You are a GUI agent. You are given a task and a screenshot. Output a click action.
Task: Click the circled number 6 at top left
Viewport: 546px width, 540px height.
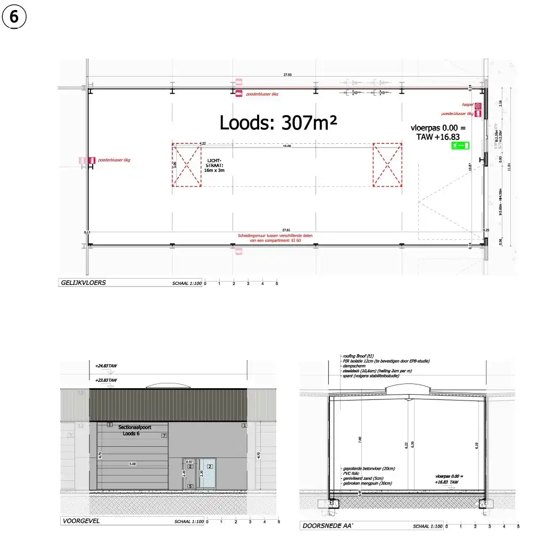pos(14,18)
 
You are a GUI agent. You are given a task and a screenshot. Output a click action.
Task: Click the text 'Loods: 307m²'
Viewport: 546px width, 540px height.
pos(278,123)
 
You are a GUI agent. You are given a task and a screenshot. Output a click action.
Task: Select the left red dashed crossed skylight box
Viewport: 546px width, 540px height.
pos(186,165)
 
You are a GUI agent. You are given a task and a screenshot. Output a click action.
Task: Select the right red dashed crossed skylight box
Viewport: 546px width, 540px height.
pos(387,165)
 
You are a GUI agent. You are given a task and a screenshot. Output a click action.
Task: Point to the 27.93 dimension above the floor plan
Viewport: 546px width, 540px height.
pos(287,76)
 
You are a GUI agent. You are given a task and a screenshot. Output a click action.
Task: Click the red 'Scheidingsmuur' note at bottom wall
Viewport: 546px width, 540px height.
pos(287,238)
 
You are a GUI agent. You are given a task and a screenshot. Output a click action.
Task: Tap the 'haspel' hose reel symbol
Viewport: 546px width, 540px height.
pos(478,106)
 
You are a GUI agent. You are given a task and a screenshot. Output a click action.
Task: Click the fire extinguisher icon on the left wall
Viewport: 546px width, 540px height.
pos(92,160)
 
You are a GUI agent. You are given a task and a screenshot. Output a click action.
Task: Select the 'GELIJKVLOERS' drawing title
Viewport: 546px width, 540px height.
pos(83,283)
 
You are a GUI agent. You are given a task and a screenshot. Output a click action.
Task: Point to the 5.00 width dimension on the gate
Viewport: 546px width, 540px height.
pos(133,464)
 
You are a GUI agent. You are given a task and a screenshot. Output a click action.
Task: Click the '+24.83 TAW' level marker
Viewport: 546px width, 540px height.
pos(106,366)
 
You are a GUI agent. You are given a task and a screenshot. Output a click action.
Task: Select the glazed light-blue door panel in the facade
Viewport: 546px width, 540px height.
pos(207,472)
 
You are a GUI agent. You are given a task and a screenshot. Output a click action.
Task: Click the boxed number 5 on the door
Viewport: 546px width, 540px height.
pos(190,486)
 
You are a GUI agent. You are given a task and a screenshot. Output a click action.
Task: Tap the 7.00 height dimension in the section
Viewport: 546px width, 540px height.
pos(360,440)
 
